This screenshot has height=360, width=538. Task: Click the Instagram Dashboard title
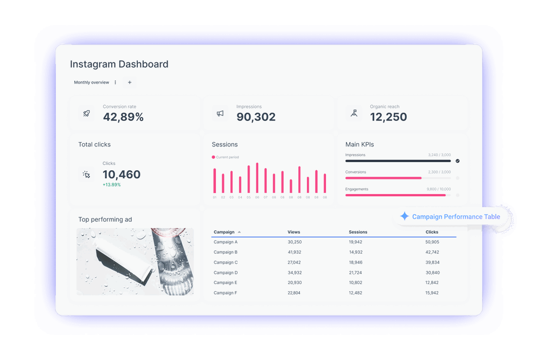119,64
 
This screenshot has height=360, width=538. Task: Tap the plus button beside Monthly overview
130,82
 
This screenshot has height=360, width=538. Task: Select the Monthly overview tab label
91,82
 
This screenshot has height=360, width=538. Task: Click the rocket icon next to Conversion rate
86,113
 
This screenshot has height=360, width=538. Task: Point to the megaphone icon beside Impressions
220,113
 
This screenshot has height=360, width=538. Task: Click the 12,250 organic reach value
388,117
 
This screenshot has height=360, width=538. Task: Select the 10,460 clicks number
121,175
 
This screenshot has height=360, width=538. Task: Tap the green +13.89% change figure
112,185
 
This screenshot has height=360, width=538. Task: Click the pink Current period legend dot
214,157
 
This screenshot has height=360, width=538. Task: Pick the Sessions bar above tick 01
215,181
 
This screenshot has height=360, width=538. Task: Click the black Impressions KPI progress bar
398,161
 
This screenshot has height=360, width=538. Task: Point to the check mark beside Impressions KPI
458,161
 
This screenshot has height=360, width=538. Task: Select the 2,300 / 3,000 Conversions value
439,172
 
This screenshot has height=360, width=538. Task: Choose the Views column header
293,232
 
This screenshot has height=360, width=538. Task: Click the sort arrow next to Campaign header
239,232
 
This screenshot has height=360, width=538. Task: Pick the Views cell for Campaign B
294,252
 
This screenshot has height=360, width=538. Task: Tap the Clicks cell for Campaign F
432,293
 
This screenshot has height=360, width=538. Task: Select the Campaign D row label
226,273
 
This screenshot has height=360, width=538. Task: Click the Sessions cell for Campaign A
356,242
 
